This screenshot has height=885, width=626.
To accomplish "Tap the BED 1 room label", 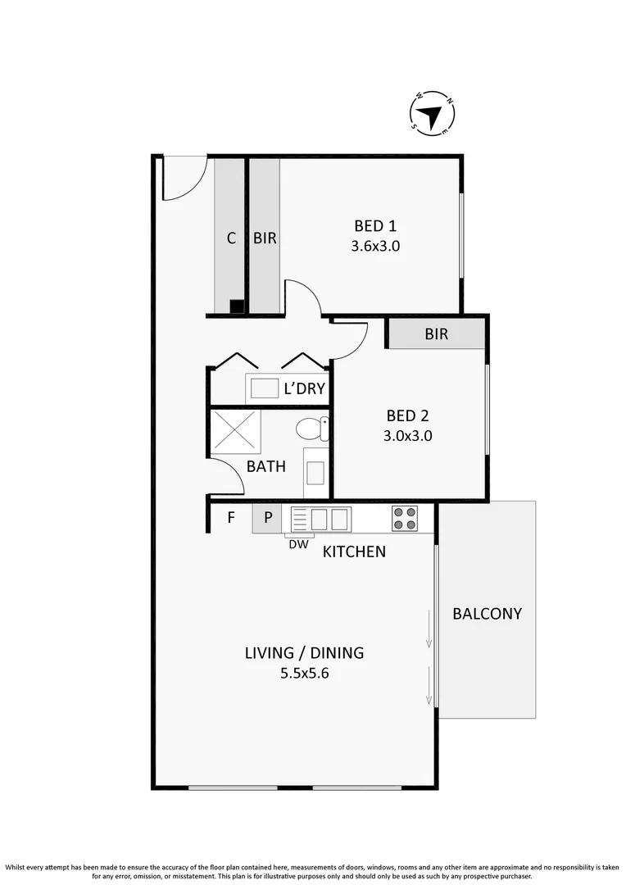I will click(374, 225).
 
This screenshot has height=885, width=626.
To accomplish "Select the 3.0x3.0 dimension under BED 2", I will click(407, 436).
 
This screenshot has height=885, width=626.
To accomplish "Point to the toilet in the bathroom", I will click(312, 429).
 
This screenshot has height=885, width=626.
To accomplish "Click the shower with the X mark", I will click(236, 431).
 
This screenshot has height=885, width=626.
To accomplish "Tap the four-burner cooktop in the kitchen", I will click(404, 519).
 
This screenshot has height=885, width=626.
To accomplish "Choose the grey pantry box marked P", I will click(266, 519).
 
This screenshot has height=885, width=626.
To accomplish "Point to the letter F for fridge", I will click(231, 518).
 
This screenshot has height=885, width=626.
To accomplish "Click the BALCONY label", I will click(487, 613).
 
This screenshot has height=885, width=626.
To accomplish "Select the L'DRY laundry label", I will click(304, 388).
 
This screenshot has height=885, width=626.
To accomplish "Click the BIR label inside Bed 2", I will click(436, 334).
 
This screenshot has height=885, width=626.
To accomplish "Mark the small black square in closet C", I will click(236, 306).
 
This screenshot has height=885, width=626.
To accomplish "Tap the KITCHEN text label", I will click(354, 551).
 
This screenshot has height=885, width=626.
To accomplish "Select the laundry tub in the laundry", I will click(265, 388).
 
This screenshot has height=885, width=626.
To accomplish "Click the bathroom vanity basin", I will click(315, 473).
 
